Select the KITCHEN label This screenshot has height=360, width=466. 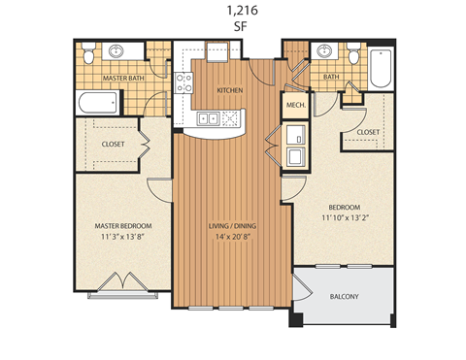[x=229, y=90]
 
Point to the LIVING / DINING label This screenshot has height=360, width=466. [x=233, y=226]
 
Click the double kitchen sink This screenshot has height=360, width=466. [x=209, y=119]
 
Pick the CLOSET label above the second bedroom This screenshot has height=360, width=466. [x=368, y=131]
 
